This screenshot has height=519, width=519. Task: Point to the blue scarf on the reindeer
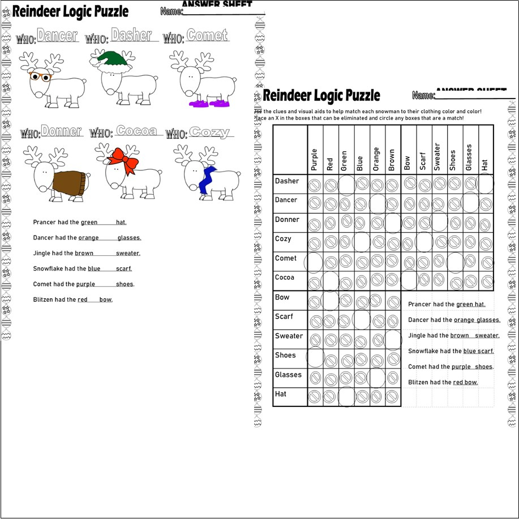(207, 179)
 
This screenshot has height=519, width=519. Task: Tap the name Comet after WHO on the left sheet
(207, 36)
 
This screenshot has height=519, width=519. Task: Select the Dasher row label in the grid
(287, 181)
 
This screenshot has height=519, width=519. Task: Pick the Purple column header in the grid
(315, 160)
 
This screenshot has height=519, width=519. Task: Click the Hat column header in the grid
(485, 165)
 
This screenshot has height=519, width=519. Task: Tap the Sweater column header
(437, 157)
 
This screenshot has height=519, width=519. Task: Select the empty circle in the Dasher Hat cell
(485, 183)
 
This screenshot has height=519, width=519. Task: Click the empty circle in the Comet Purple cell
(314, 261)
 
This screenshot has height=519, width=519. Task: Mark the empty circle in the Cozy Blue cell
(361, 242)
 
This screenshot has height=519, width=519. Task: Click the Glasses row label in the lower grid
(288, 375)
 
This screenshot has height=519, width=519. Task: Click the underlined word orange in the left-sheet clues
(88, 238)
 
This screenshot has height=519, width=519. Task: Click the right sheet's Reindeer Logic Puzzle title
(321, 96)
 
